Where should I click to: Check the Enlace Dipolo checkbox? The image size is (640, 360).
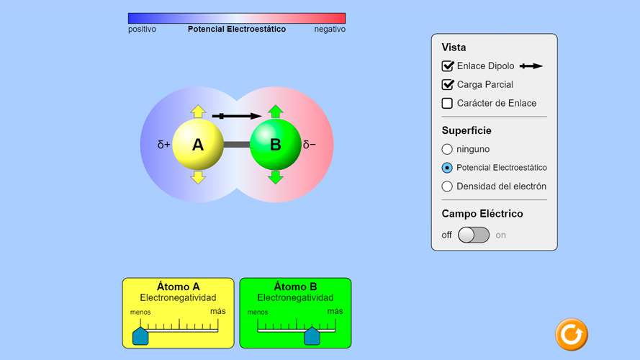pyautogui.click(x=447, y=66)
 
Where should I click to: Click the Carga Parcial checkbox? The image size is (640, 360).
pyautogui.click(x=447, y=84)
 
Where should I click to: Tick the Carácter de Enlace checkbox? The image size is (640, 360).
pyautogui.click(x=447, y=103)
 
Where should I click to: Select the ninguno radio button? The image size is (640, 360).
pyautogui.click(x=447, y=149)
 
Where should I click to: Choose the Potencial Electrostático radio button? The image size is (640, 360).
pyautogui.click(x=447, y=168)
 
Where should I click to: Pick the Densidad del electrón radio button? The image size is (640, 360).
pyautogui.click(x=447, y=186)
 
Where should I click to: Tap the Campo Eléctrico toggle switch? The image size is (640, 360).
pyautogui.click(x=474, y=235)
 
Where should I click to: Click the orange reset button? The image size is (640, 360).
pyautogui.click(x=572, y=334)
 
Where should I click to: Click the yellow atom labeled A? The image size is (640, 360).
pyautogui.click(x=198, y=145)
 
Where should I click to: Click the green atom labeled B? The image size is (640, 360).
pyautogui.click(x=276, y=145)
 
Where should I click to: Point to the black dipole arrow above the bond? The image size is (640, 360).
pyautogui.click(x=237, y=117)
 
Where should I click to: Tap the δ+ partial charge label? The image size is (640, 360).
pyautogui.click(x=163, y=145)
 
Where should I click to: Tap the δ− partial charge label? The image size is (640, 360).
pyautogui.click(x=310, y=145)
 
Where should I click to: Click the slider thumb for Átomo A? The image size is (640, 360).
pyautogui.click(x=140, y=336)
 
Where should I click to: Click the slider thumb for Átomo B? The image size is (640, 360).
pyautogui.click(x=312, y=336)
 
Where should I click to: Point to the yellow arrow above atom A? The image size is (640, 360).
pyautogui.click(x=198, y=112)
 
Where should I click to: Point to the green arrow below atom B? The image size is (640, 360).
pyautogui.click(x=276, y=178)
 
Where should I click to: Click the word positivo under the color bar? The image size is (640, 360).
pyautogui.click(x=142, y=30)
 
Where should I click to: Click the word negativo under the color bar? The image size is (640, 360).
pyautogui.click(x=330, y=30)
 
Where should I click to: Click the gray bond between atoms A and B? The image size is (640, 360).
pyautogui.click(x=237, y=145)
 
